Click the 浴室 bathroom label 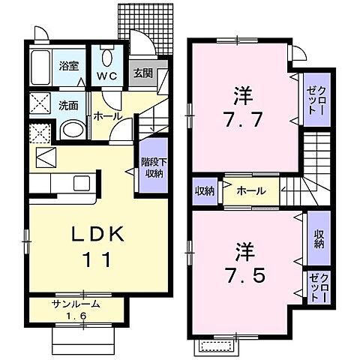pyautogui.click(x=70, y=65)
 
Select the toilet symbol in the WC pyautogui.click(x=107, y=58)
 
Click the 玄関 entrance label pyautogui.click(x=142, y=73)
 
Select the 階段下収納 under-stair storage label pyautogui.click(x=152, y=169)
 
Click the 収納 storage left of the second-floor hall pyautogui.click(x=205, y=190)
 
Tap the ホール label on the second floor pyautogui.click(x=250, y=190)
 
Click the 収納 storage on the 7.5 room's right pyautogui.click(x=319, y=238)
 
